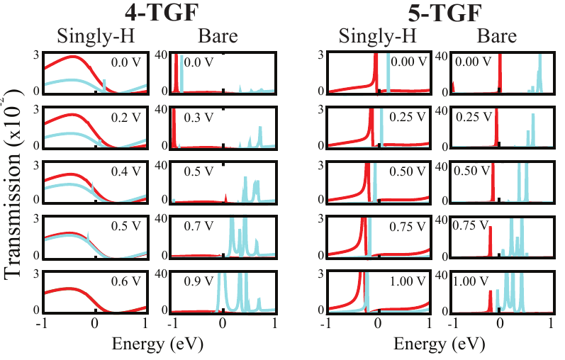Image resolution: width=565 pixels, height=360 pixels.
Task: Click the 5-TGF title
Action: coord(425,12)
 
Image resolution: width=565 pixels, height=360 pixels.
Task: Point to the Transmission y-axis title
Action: coord(16,184)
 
